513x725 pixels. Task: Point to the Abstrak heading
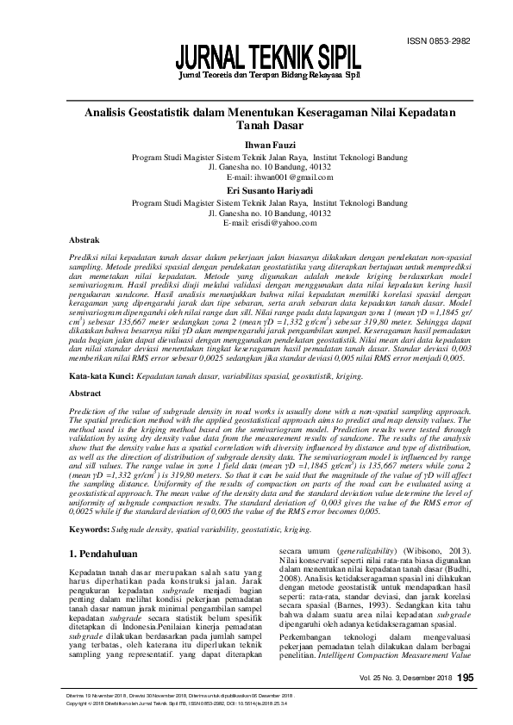pos(84,242)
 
